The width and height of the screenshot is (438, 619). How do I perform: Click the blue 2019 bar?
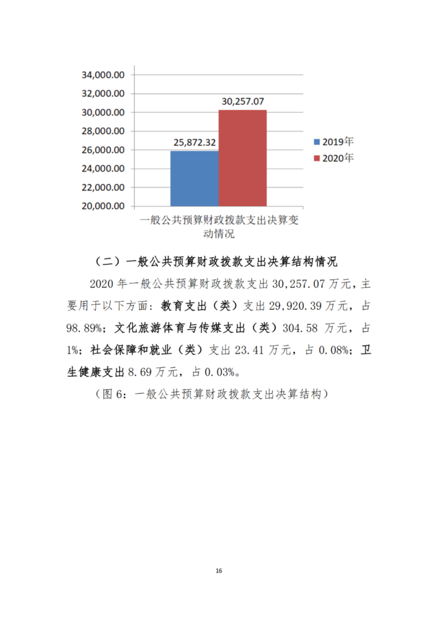(x=194, y=178)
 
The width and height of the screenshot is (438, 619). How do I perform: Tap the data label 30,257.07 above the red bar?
(x=242, y=101)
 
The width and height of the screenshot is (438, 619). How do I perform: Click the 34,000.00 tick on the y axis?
(x=102, y=75)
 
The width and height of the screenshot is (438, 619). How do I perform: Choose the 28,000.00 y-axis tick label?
(x=102, y=131)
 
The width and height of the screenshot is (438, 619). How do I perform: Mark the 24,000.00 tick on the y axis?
(x=102, y=168)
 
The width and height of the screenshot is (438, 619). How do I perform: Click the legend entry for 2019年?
(x=333, y=142)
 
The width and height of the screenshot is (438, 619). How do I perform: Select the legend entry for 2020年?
(x=333, y=158)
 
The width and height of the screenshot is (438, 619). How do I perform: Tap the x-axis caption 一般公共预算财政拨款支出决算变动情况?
(x=219, y=227)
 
